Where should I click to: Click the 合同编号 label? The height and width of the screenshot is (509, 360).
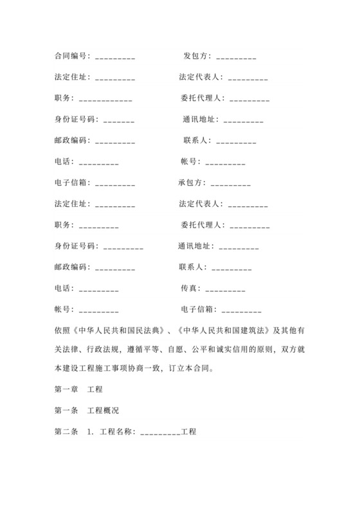pos(71,56)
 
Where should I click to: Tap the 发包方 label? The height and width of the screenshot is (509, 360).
pos(197,56)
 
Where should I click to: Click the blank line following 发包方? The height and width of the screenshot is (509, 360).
pos(237,58)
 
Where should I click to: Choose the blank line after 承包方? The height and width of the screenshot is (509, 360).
pos(231,184)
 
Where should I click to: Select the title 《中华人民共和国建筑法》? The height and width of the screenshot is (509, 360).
pos(220,330)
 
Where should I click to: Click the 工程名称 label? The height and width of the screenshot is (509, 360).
pos(116,431)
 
